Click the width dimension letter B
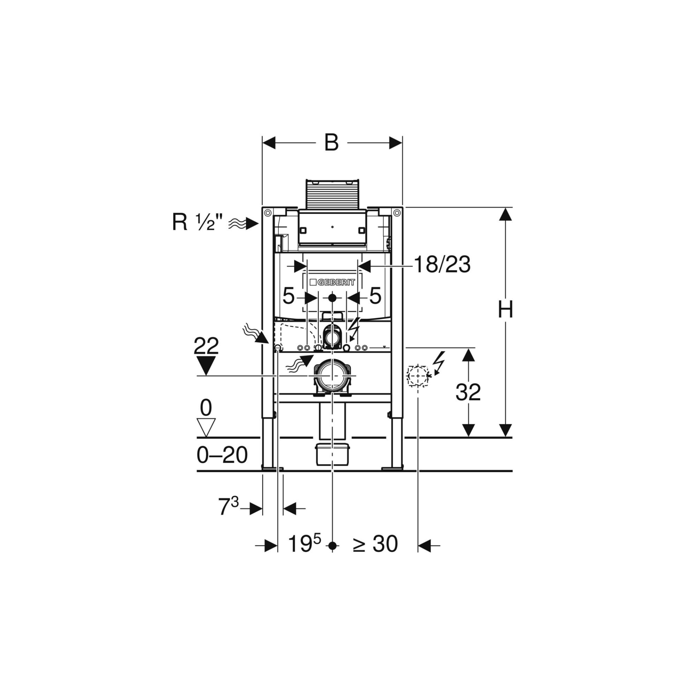[x=331, y=143]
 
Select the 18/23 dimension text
[x=442, y=265]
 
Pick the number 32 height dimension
[x=468, y=392]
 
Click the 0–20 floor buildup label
[x=222, y=455]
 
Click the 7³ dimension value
[x=228, y=507]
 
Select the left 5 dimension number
[x=288, y=296]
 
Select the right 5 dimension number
[x=375, y=296]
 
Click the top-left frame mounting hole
[x=268, y=213]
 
